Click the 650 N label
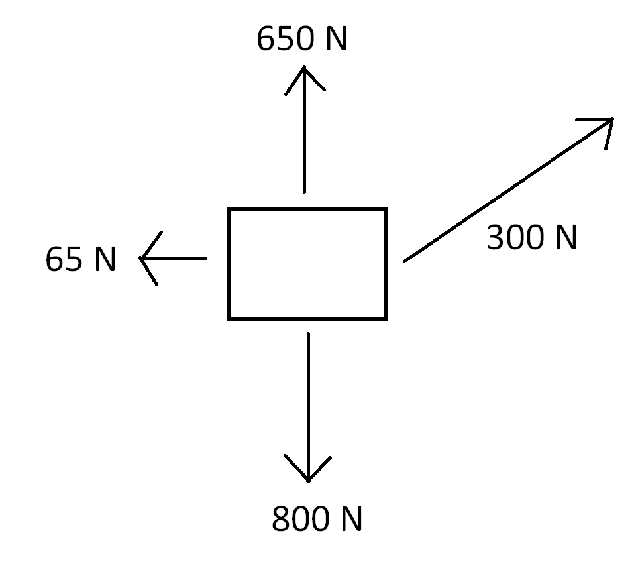point(301,40)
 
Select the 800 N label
point(317,519)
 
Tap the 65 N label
point(81,259)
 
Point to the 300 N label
point(531,237)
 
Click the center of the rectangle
point(307,264)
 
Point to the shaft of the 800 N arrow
point(308,398)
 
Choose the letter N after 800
point(352,519)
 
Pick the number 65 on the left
point(64,259)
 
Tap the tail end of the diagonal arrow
point(405,260)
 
